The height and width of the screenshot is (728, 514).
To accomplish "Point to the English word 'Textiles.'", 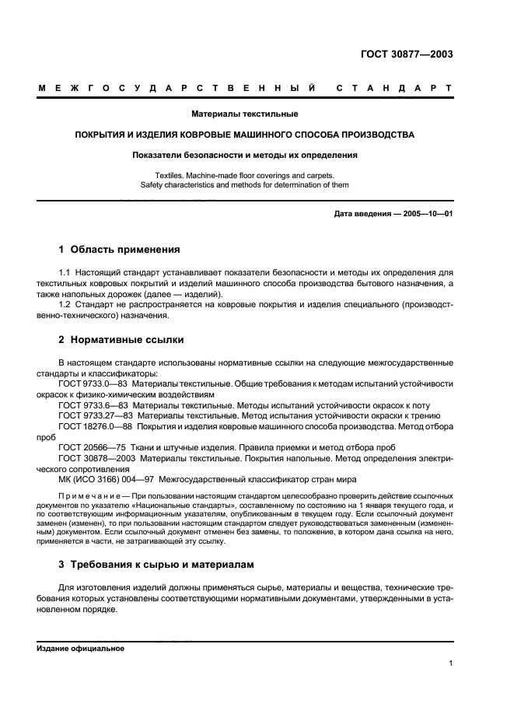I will click(170, 176).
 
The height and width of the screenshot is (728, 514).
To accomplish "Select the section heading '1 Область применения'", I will click(119, 250).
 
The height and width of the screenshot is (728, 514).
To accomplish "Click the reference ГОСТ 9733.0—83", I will click(93, 384).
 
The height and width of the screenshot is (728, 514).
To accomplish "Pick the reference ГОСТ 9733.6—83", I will click(93, 406).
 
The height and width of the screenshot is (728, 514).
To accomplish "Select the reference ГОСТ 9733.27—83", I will click(95, 416).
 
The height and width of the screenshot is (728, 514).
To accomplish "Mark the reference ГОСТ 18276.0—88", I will click(95, 426).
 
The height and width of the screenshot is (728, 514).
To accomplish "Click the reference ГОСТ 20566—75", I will click(90, 447).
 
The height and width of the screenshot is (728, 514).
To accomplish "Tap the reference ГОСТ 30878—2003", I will click(95, 458).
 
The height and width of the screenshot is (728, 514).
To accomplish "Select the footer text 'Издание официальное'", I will click(80, 648).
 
